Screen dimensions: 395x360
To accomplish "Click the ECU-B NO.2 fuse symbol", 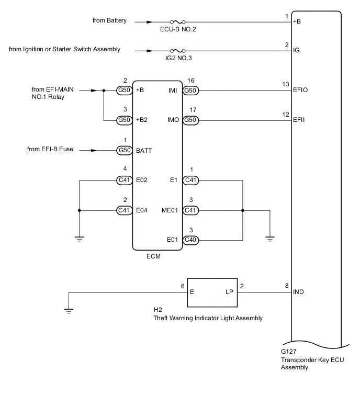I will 178,22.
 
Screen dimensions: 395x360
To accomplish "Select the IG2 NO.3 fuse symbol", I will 178,51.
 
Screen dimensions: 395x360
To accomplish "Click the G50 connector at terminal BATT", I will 124,150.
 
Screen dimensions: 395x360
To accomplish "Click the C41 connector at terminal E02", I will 124,181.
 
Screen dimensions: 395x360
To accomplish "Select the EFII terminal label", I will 299,120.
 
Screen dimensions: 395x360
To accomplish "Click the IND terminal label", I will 299,294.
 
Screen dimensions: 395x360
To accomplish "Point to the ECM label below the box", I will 154,256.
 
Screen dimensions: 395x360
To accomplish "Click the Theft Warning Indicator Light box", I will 212,294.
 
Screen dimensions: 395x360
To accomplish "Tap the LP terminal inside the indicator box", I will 229,294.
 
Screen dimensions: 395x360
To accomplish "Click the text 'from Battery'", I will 110,21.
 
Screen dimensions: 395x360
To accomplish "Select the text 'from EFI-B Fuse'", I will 51,150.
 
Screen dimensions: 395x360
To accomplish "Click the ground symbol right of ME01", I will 270,238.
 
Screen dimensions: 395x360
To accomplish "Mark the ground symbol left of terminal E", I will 69,311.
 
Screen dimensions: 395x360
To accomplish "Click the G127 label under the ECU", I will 289,353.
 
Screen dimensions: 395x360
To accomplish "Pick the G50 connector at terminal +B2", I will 124,120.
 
